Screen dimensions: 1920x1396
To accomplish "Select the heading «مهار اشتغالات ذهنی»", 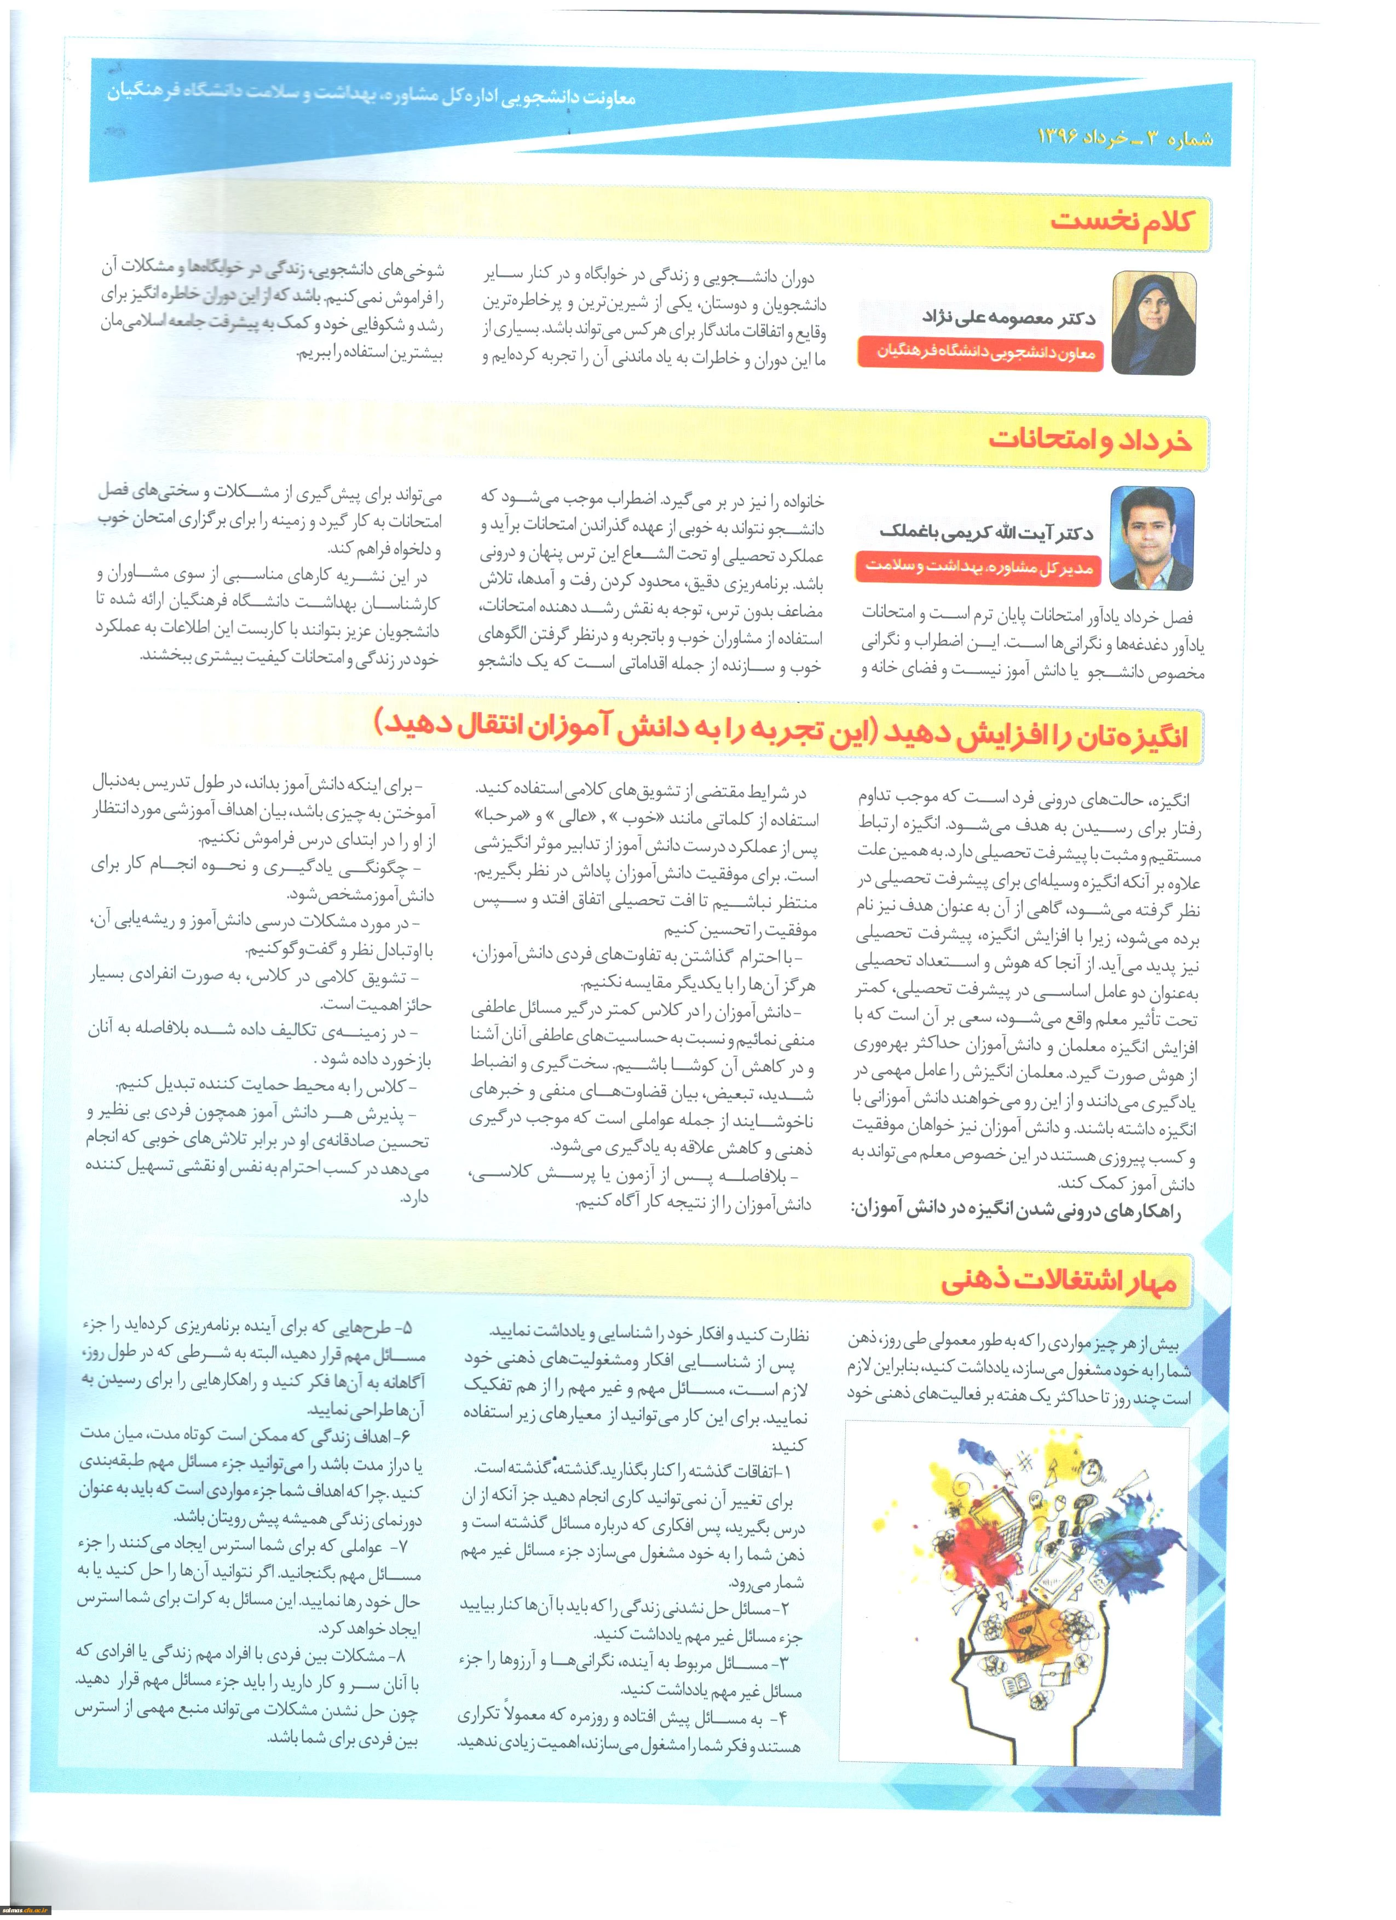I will pyautogui.click(x=1058, y=1281).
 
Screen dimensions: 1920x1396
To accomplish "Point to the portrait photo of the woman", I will pyautogui.click(x=1152, y=322).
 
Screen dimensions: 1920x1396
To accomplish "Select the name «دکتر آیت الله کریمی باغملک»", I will pyautogui.click(x=987, y=533).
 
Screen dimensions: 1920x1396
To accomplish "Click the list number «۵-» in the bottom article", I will pyautogui.click(x=402, y=1327).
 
